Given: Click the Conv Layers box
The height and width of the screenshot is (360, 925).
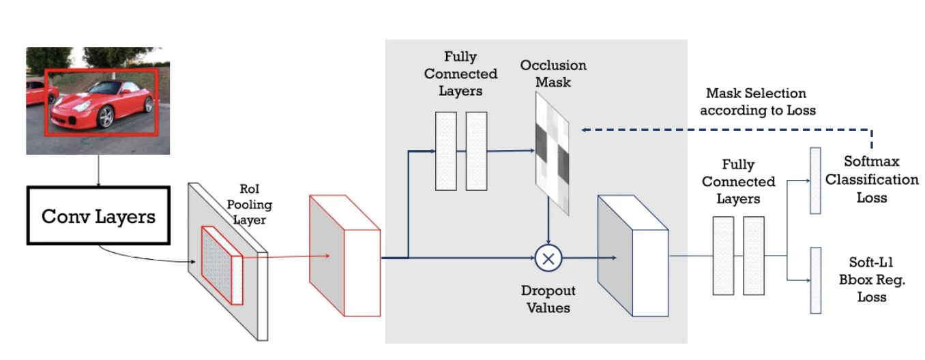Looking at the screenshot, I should pos(98,217).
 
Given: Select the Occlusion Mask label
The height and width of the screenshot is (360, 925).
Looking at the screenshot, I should pos(553,74).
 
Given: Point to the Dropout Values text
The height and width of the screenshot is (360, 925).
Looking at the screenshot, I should pos(548,299).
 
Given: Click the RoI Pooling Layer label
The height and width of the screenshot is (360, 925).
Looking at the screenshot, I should pos(249,205).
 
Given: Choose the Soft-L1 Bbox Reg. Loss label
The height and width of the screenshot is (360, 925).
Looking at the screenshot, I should pos(867,280).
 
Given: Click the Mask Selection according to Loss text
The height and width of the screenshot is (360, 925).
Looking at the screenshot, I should pos(757,101).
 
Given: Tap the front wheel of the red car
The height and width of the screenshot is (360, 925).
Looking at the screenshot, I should pos(106,117).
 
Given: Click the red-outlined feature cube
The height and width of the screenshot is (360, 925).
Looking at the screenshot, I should pos(344,256).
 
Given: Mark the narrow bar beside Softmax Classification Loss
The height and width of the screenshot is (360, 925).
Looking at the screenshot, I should pos(814,180).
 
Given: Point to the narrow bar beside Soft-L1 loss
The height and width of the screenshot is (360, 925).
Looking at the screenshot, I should pos(814,280).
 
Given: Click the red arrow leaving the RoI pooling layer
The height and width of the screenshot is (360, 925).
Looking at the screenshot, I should pos(287,257).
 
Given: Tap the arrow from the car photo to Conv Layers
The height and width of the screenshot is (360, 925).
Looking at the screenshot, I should pos(98,170).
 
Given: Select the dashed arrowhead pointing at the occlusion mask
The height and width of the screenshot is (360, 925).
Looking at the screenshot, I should pos(584,129).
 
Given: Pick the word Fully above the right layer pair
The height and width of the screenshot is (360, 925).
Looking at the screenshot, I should pos(738,165).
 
